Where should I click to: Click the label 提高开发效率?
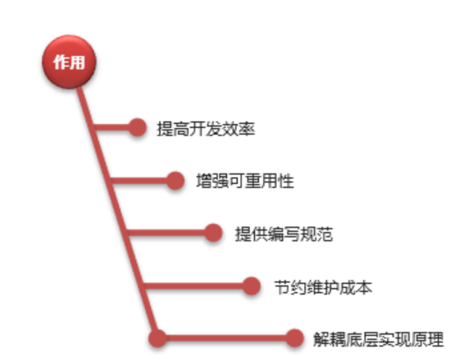(206, 129)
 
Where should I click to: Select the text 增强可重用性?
(244, 181)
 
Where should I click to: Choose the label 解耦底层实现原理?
(378, 339)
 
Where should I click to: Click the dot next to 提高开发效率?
(137, 127)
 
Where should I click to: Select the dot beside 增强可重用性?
(175, 180)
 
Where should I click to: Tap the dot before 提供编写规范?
(213, 233)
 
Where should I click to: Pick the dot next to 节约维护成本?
(251, 286)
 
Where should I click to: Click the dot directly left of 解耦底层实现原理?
(294, 338)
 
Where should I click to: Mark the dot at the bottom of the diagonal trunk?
(157, 338)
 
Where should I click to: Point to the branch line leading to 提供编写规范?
(170, 233)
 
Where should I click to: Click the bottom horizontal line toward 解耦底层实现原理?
(227, 338)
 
